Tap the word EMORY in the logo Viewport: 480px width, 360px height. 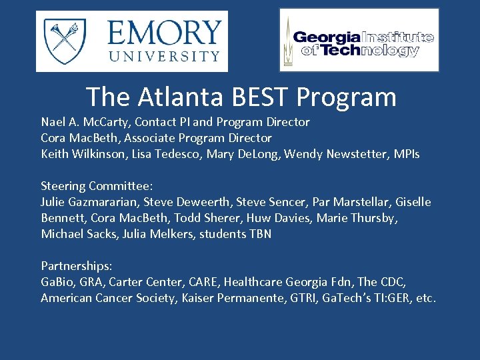tap(163, 32)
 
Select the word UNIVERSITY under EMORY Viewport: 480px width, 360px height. tap(163, 56)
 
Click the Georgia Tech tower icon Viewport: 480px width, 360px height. tap(288, 40)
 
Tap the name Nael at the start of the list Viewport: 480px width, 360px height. tap(53, 122)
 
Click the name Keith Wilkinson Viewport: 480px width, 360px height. tap(79, 154)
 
